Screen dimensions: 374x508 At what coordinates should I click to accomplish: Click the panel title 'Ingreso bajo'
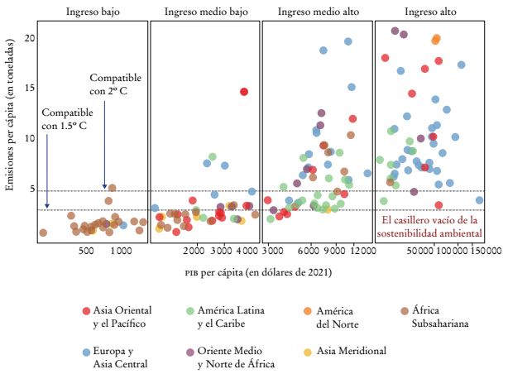pyautogui.click(x=92, y=12)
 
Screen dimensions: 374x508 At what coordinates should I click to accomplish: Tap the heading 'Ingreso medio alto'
pyautogui.click(x=317, y=12)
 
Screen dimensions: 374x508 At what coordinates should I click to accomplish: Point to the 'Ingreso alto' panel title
pyautogui.click(x=429, y=12)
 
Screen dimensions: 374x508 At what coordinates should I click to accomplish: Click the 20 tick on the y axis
pyautogui.click(x=29, y=39)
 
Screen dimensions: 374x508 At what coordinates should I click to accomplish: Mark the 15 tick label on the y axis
pyautogui.click(x=29, y=89)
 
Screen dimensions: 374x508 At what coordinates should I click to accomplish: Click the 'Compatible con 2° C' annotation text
pyautogui.click(x=115, y=83)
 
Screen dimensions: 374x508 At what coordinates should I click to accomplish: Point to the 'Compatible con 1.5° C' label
pyautogui.click(x=65, y=118)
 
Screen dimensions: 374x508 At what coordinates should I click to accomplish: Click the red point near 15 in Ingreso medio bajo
pyautogui.click(x=244, y=92)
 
